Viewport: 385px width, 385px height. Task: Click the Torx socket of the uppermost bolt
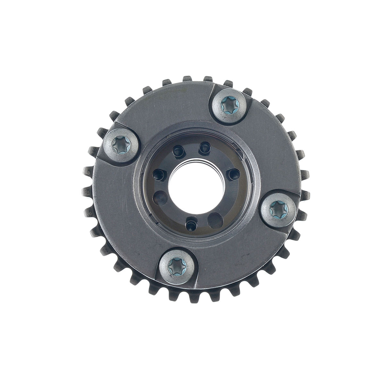pos(229,103)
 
